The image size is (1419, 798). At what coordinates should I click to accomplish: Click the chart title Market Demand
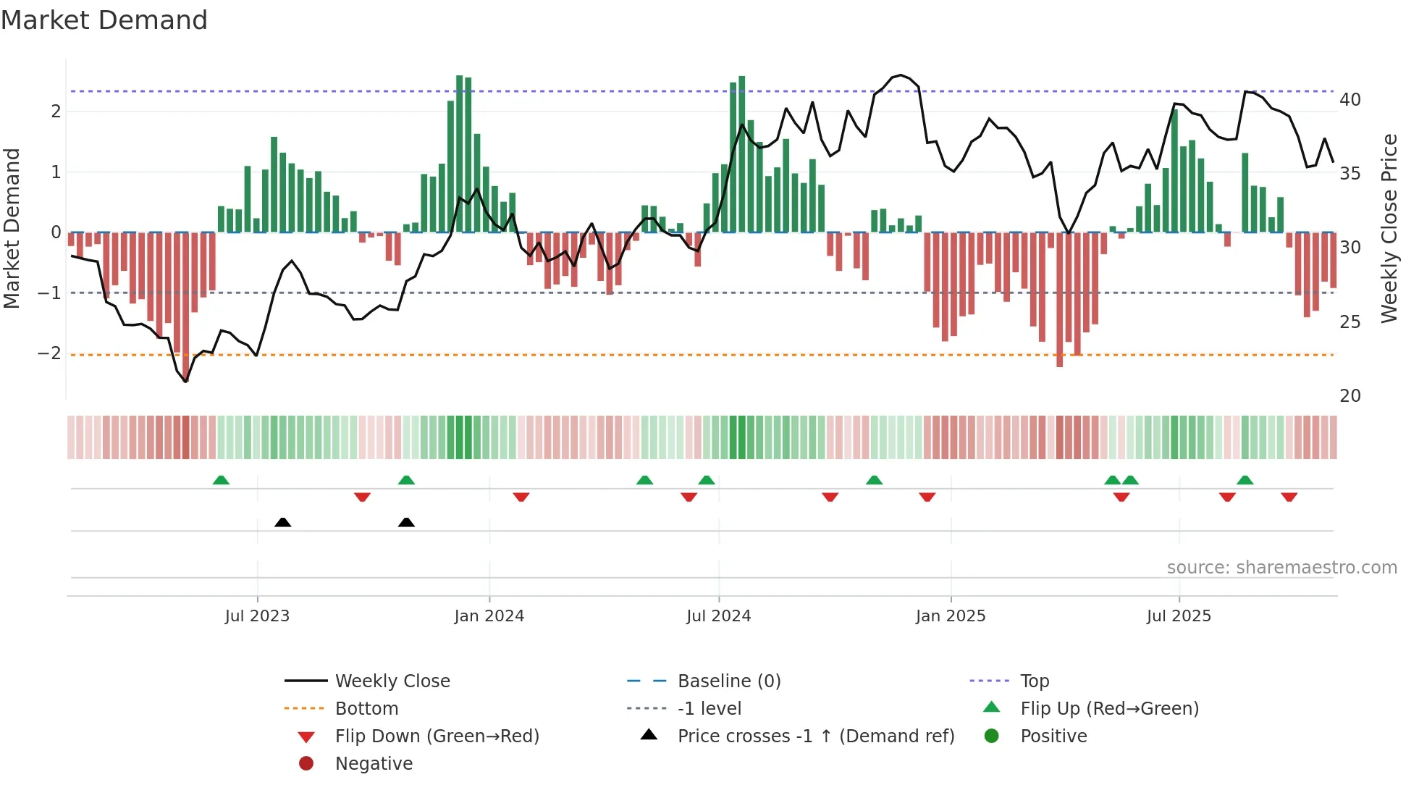click(104, 20)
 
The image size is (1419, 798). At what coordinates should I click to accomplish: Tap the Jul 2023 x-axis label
click(257, 616)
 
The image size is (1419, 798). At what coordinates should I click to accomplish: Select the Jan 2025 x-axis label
click(950, 616)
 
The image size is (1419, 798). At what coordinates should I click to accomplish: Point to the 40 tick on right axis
click(1349, 100)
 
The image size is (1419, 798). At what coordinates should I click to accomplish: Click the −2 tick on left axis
click(49, 353)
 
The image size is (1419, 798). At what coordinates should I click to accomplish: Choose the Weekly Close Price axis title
click(1389, 228)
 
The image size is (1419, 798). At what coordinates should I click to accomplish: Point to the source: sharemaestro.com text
click(1281, 568)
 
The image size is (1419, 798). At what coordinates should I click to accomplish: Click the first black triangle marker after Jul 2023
click(283, 522)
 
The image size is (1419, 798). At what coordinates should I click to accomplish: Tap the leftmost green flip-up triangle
click(221, 479)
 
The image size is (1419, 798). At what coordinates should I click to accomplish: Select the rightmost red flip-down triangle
click(1289, 497)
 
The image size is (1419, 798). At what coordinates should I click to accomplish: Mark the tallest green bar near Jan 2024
click(459, 154)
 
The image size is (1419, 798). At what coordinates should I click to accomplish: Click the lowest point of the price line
click(185, 382)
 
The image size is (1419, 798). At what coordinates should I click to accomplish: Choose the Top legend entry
click(1034, 681)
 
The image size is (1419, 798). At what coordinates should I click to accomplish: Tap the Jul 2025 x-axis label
click(1179, 616)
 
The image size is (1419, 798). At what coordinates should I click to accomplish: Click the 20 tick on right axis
click(1349, 396)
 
